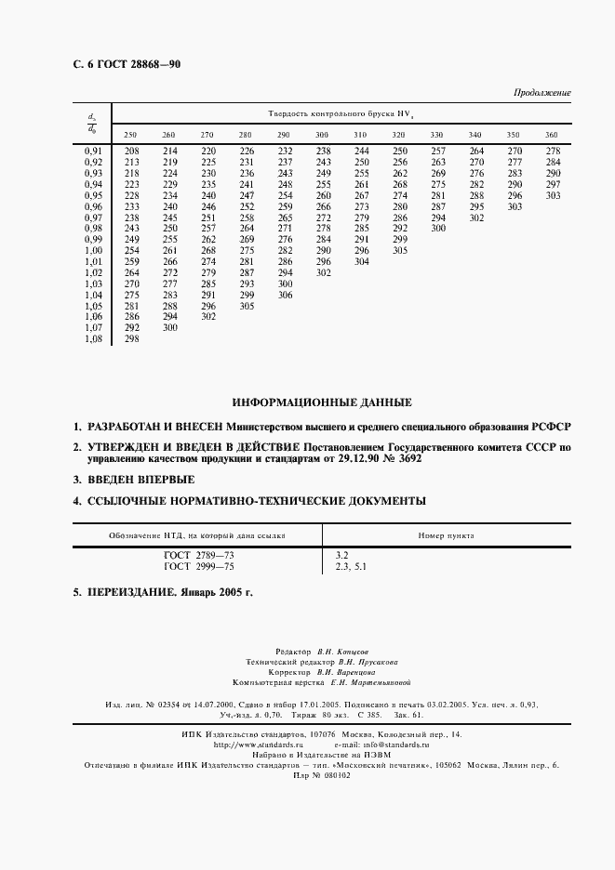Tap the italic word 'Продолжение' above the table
pyautogui.click(x=542, y=93)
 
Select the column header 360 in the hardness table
pyautogui.click(x=552, y=136)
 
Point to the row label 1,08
pyautogui.click(x=93, y=339)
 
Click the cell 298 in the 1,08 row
pyautogui.click(x=132, y=339)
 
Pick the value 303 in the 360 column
pyautogui.click(x=554, y=195)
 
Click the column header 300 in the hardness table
pyautogui.click(x=323, y=136)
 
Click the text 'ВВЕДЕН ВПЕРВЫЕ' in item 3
pyautogui.click(x=141, y=480)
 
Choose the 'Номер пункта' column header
pyautogui.click(x=446, y=536)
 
